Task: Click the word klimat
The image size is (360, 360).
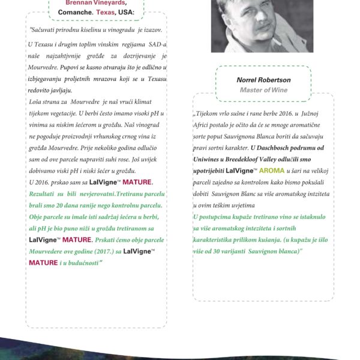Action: (x=151, y=102)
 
